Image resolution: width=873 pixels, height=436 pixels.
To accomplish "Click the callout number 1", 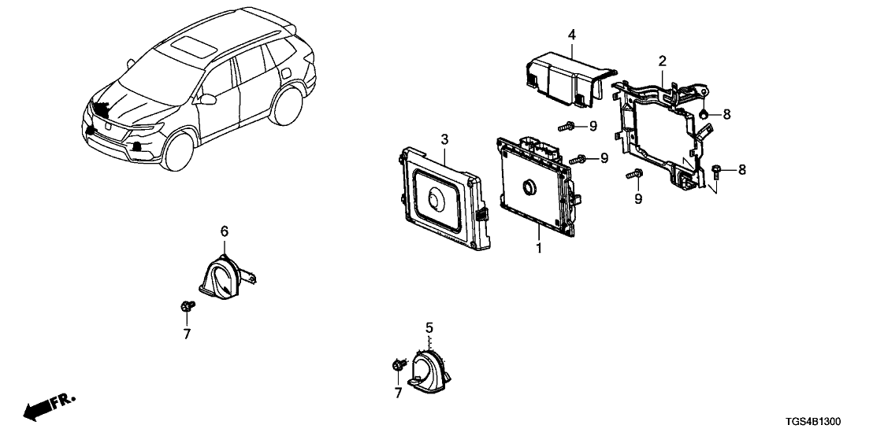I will pyautogui.click(x=539, y=248).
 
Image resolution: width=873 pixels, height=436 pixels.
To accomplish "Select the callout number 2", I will pyautogui.click(x=663, y=61).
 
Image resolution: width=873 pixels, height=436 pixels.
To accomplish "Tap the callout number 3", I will pyautogui.click(x=444, y=139).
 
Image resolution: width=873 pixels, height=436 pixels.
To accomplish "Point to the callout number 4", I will pyautogui.click(x=572, y=34).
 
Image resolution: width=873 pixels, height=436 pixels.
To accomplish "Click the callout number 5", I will pyautogui.click(x=429, y=327).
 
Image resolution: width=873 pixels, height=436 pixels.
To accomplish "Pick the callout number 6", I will pyautogui.click(x=225, y=231).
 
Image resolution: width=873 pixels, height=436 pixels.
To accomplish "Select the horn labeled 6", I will pyautogui.click(x=224, y=275).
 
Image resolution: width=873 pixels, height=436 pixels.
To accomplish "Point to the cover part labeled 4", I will pyautogui.click(x=563, y=75).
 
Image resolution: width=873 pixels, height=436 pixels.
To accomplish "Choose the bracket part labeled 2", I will pyautogui.click(x=662, y=130).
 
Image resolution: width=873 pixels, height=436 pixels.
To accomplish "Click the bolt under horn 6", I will pyautogui.click(x=186, y=305).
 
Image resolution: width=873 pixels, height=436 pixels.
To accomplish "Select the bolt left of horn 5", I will pyautogui.click(x=397, y=364).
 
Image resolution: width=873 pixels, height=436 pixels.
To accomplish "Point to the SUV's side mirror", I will pyautogui.click(x=209, y=100).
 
